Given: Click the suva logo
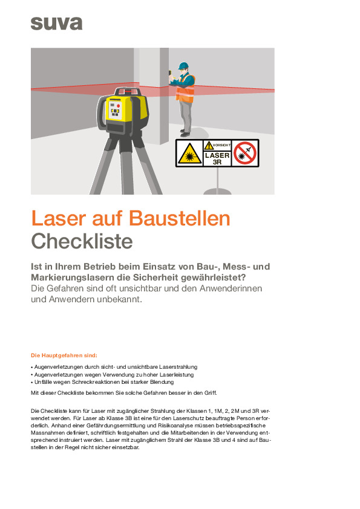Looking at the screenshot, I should [56, 24].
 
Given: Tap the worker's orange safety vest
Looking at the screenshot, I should [185, 88].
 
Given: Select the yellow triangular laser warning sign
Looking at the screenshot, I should [189, 154].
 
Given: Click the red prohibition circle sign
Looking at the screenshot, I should [246, 153].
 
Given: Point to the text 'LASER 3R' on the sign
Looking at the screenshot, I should [217, 158].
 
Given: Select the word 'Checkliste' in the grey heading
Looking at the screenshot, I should [82, 241].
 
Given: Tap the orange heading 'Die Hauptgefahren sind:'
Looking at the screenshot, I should [64, 355].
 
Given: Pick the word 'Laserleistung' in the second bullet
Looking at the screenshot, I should [160, 375].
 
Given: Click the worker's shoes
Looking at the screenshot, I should [185, 134].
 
